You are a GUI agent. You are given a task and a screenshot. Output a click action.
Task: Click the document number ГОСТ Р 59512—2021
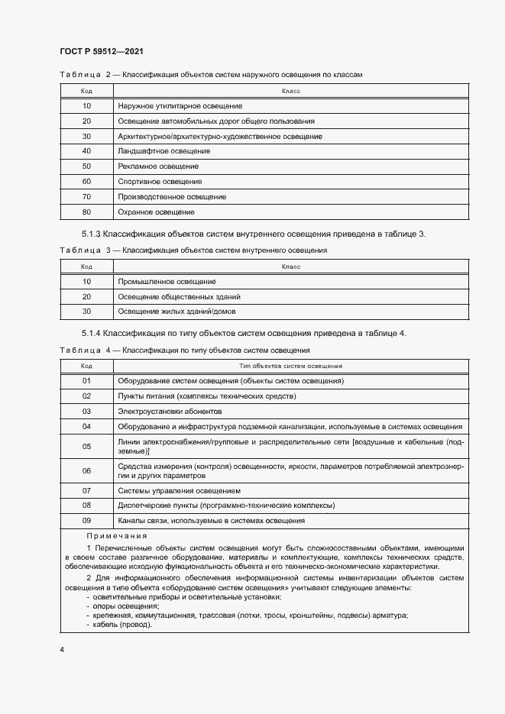(x=102, y=51)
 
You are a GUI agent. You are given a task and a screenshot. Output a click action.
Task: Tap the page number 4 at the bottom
(x=62, y=649)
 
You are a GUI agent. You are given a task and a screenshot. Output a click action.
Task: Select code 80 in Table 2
(x=86, y=212)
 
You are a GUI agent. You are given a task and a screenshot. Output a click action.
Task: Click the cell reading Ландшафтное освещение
(x=164, y=151)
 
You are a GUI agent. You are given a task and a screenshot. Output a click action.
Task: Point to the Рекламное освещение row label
(x=158, y=166)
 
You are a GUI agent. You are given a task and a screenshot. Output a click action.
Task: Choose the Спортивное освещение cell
(x=160, y=182)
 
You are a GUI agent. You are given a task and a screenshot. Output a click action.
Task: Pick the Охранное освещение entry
(x=156, y=212)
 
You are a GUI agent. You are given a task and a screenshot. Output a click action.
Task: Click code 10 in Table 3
(x=86, y=282)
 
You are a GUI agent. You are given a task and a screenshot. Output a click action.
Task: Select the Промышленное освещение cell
(x=167, y=282)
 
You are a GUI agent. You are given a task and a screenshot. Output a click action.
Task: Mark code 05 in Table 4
(x=86, y=447)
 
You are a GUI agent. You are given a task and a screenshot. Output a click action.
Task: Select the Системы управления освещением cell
(x=180, y=490)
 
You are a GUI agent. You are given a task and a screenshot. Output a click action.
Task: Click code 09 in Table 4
(x=86, y=521)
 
